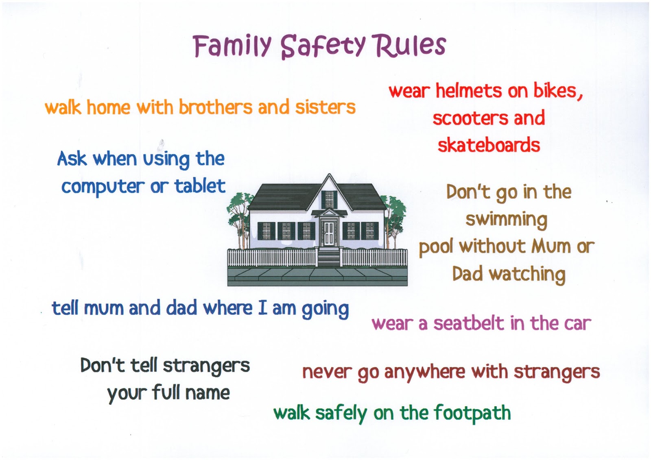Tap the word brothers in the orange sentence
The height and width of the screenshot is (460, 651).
click(215, 107)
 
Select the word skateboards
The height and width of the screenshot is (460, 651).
click(489, 145)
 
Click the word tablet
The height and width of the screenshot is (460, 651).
click(200, 186)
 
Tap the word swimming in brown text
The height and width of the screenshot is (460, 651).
click(506, 220)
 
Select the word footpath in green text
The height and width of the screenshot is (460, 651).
click(472, 413)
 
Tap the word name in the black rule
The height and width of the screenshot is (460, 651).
click(207, 393)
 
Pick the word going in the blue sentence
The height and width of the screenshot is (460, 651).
click(325, 309)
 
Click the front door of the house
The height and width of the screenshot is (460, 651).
click(328, 233)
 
